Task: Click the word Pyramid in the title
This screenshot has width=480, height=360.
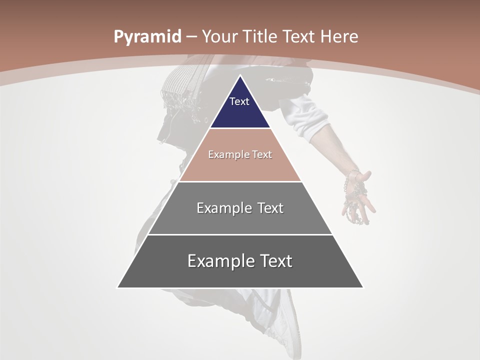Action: [x=147, y=37]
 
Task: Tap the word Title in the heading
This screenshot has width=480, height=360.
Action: [x=262, y=37]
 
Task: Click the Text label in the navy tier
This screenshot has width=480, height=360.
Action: [x=239, y=101]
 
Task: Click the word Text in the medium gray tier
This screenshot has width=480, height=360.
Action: [x=270, y=208]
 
